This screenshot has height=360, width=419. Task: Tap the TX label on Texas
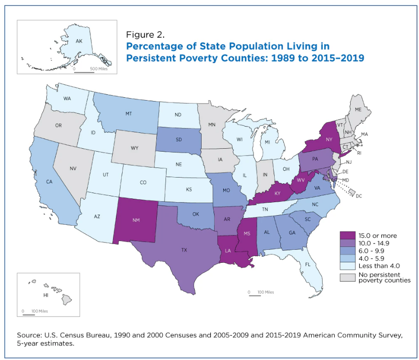pos(184,250)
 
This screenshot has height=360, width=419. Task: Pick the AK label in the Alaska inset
pos(78,42)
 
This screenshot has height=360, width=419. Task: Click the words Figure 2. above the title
pos(145,35)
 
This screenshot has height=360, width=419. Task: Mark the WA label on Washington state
pos(68,99)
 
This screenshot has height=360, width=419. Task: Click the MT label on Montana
pos(129,114)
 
